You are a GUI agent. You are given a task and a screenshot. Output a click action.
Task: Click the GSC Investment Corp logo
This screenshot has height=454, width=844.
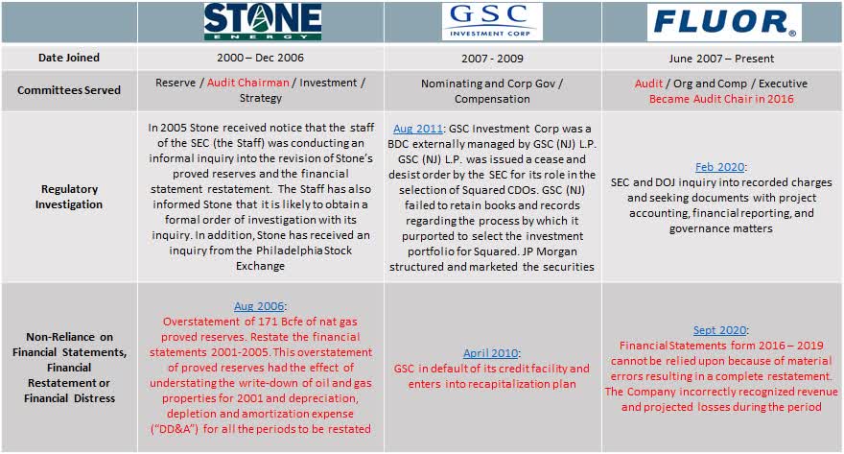(x=492, y=21)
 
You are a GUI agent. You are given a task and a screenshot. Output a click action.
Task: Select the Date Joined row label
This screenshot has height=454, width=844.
(x=69, y=58)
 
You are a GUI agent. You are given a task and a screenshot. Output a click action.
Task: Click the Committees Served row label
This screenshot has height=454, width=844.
(x=69, y=90)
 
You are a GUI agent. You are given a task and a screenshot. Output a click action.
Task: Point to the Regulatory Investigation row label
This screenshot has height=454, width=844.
(x=69, y=198)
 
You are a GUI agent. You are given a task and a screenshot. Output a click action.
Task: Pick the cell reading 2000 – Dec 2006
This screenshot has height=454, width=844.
(x=261, y=58)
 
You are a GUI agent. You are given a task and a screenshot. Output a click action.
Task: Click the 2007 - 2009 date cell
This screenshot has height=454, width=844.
(x=492, y=58)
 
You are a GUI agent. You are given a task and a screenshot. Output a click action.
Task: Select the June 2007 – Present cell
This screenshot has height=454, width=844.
(x=722, y=58)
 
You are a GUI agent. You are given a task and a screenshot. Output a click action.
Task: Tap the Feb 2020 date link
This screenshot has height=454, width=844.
(x=721, y=166)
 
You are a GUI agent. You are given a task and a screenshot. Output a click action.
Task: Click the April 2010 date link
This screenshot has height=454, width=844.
(x=491, y=353)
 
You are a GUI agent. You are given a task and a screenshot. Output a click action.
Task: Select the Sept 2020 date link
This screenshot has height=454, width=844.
(x=721, y=330)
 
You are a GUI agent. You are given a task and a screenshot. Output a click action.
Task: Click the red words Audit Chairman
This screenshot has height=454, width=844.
(x=247, y=83)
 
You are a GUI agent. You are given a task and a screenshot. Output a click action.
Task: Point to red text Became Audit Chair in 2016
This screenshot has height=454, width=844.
(x=721, y=98)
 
